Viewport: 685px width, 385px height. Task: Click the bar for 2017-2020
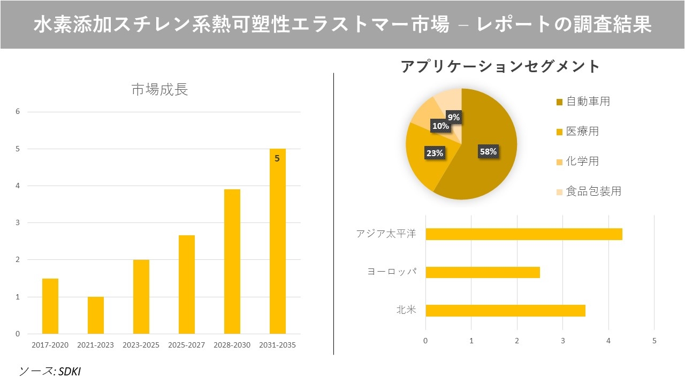click(50, 306)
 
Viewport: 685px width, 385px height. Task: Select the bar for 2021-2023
click(96, 315)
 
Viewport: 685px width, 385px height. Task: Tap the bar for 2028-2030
click(232, 261)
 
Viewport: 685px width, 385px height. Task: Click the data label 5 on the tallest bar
click(277, 158)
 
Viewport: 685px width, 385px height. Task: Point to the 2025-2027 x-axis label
click(186, 345)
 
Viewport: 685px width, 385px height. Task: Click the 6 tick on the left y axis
click(18, 112)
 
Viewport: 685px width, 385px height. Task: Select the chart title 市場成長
click(159, 90)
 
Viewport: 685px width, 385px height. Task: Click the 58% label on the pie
click(488, 151)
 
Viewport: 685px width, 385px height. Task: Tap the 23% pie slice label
click(435, 153)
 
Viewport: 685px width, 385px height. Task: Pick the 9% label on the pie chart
click(454, 117)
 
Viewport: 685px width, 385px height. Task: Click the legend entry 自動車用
click(588, 102)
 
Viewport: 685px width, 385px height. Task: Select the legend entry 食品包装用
click(593, 191)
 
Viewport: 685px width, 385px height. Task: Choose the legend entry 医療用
click(582, 132)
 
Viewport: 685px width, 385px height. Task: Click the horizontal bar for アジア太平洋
click(523, 234)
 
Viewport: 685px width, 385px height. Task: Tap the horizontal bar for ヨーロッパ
click(482, 273)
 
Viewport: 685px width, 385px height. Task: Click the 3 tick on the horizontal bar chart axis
click(562, 340)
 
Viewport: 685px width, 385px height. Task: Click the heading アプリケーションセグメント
click(500, 66)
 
